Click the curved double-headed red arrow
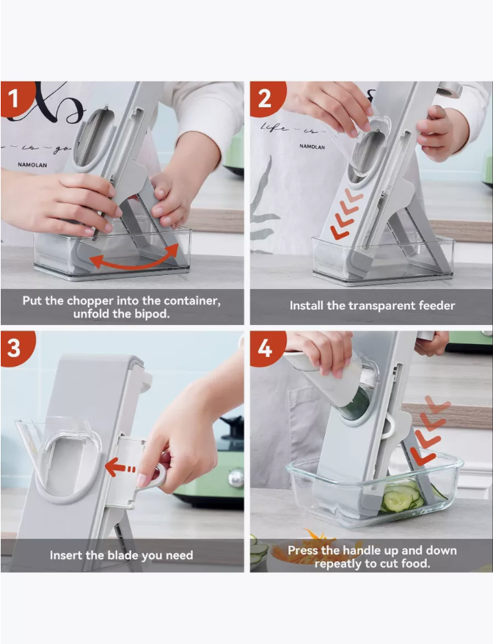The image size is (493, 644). [x=134, y=263]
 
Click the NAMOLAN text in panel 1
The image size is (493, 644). [x=32, y=165]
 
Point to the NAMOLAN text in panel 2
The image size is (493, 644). [x=313, y=147]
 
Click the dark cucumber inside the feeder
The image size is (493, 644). [x=355, y=404]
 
